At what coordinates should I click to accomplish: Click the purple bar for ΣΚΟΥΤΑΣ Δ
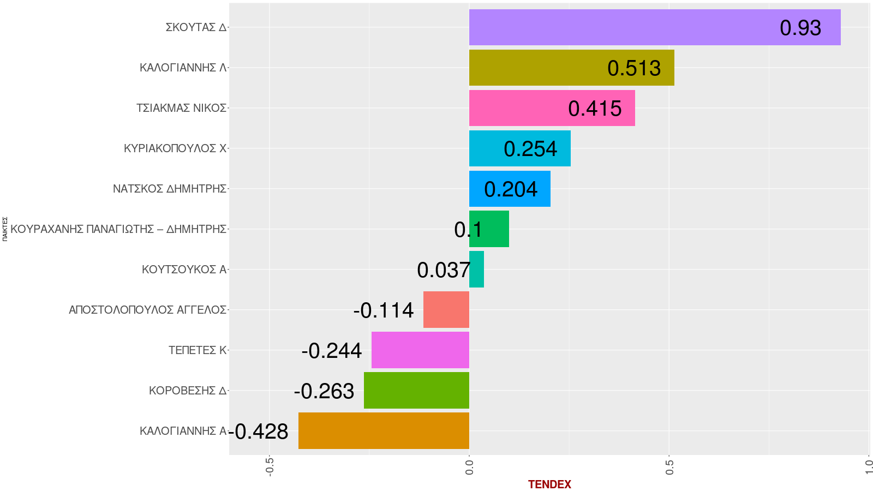(655, 27)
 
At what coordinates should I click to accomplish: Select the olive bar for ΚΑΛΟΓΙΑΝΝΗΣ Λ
(572, 68)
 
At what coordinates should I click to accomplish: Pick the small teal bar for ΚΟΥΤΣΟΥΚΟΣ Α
(476, 270)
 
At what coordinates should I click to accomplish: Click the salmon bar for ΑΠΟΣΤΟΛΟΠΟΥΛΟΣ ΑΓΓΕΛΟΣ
(446, 310)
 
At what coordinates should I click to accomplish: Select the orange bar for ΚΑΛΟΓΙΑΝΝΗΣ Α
(384, 431)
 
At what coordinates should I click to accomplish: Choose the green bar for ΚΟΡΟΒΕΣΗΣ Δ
(416, 391)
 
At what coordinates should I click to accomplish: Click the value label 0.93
(800, 28)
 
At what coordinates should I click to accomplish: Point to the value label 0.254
(530, 149)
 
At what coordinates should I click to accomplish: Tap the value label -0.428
(259, 432)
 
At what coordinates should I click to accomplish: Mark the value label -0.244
(331, 351)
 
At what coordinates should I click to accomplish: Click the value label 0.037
(444, 270)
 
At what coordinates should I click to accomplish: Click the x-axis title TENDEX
(549, 484)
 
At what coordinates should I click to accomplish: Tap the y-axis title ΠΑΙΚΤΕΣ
(5, 229)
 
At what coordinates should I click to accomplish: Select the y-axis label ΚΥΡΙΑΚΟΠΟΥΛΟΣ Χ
(175, 148)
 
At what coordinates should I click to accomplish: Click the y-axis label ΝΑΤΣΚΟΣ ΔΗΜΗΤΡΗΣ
(169, 189)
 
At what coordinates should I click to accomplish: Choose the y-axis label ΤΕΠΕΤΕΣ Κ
(197, 350)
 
